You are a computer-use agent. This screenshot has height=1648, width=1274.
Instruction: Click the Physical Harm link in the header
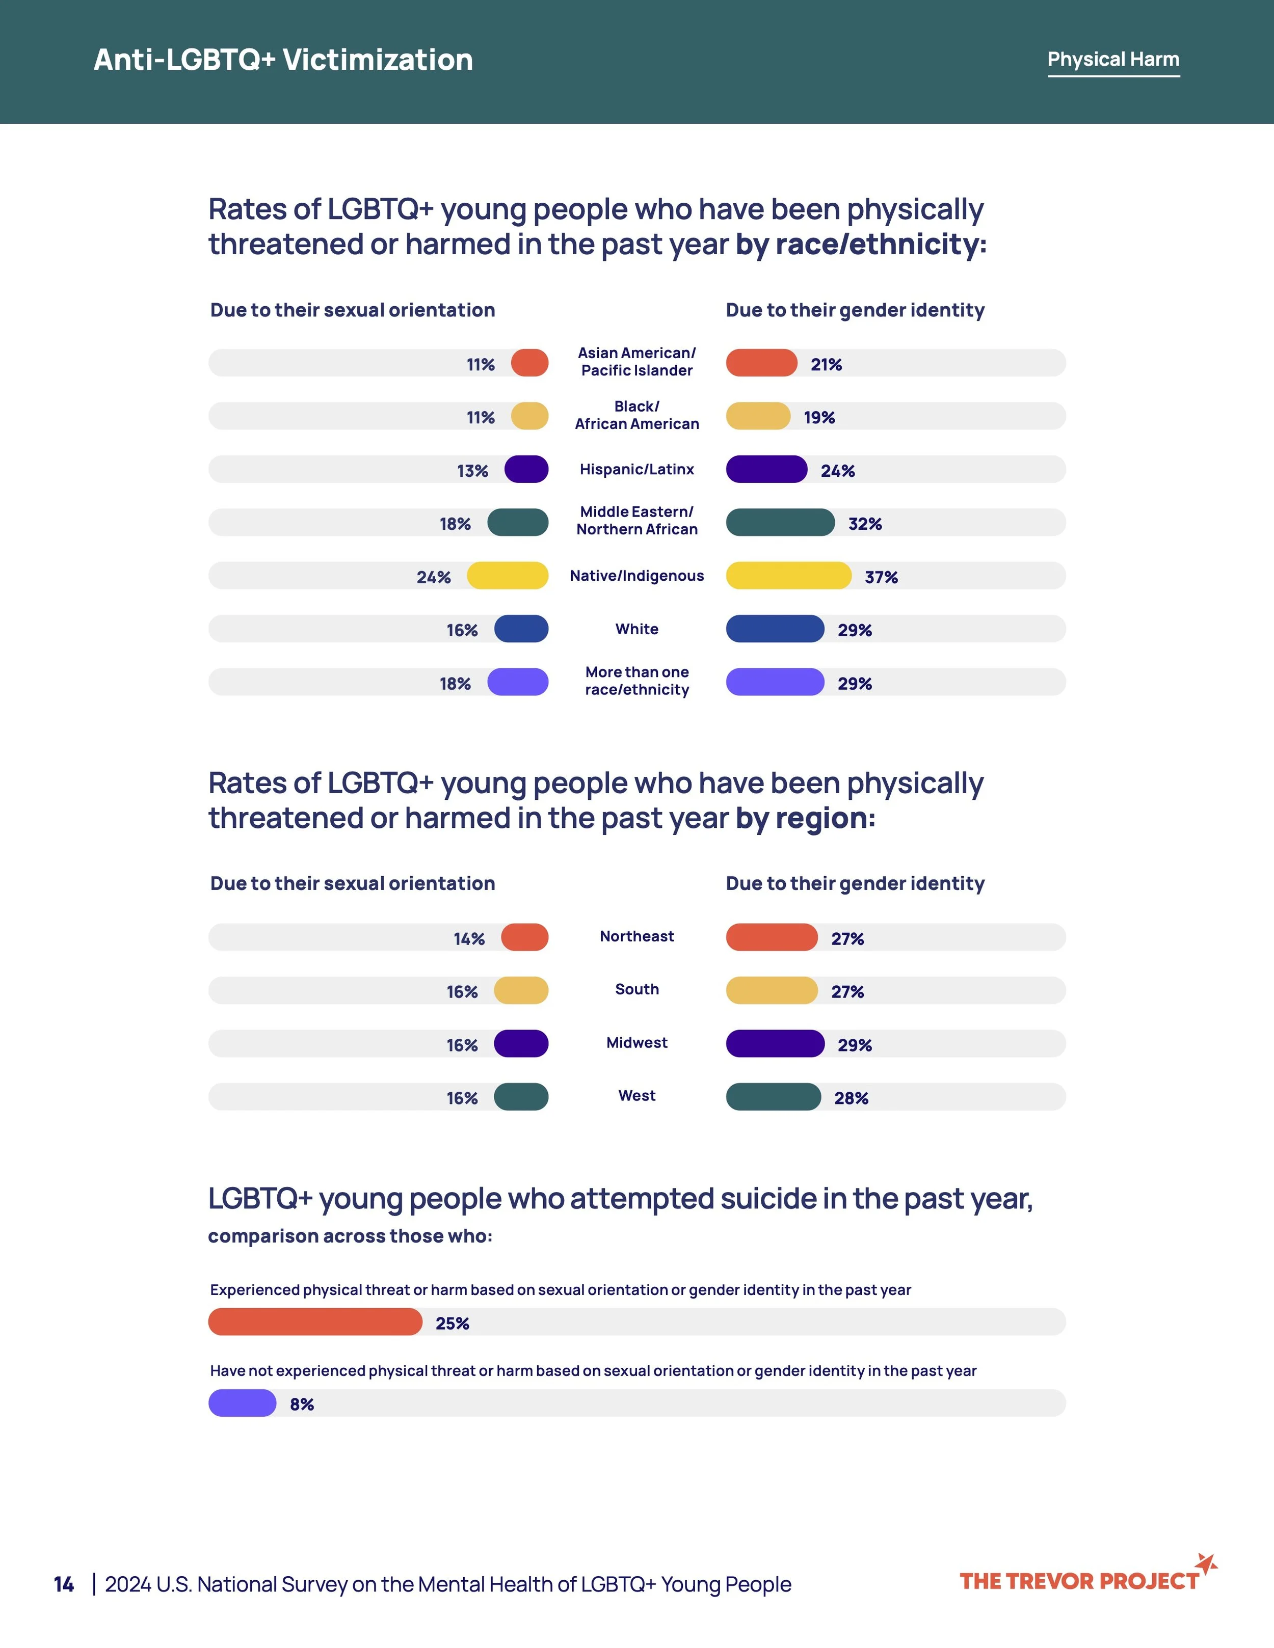1113,60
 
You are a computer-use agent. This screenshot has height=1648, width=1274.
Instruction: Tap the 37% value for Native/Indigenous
881,577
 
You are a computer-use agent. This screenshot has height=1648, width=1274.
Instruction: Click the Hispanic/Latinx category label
637,469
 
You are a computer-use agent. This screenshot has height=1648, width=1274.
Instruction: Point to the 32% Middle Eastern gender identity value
865,524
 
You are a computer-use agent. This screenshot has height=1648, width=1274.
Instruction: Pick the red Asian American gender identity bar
761,363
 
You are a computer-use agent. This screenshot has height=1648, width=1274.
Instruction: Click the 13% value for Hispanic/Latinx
472,471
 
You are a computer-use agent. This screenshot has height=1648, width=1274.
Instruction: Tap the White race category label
637,629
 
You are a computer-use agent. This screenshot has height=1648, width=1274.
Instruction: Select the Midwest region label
637,1043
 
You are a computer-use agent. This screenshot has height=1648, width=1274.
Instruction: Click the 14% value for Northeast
469,939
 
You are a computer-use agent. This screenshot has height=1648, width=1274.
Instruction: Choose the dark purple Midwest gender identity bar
775,1044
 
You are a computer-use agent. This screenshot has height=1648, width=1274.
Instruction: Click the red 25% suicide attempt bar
315,1322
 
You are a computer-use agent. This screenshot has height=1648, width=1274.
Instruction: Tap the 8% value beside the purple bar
302,1404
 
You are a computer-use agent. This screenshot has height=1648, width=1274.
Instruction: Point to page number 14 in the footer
63,1584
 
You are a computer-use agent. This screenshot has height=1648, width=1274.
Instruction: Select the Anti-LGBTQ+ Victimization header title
283,60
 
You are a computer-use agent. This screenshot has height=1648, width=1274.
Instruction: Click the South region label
637,989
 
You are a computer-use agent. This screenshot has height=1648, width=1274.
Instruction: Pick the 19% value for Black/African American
819,417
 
